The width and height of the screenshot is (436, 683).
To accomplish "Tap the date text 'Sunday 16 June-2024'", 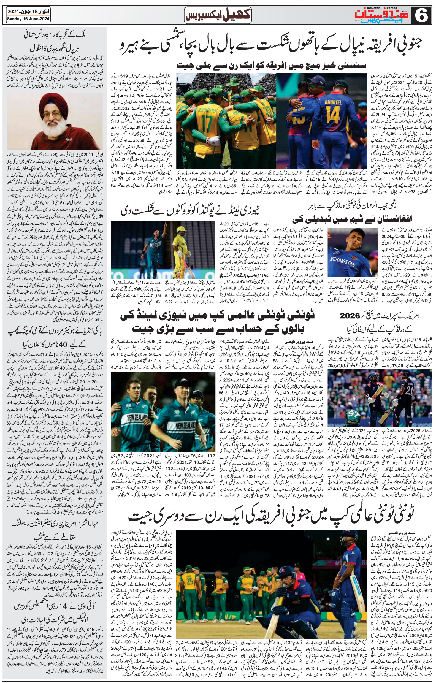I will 29,19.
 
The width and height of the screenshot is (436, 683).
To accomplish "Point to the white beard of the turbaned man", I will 57,129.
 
